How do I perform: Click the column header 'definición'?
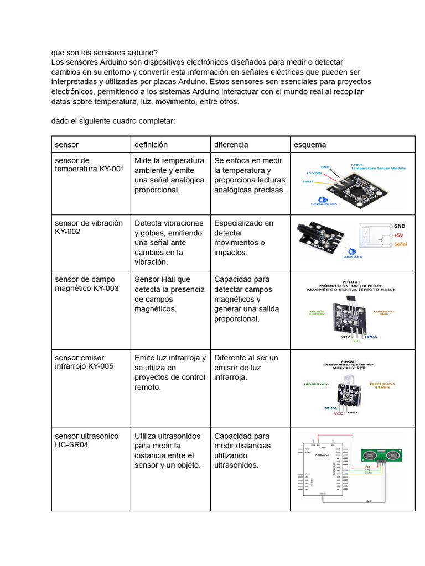coord(151,145)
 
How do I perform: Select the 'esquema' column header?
coord(310,145)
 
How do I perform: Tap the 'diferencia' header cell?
coord(231,145)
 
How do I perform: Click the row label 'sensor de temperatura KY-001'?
coord(89,165)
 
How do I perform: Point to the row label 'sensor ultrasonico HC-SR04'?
coord(86,440)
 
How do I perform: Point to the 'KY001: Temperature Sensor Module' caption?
coord(378,166)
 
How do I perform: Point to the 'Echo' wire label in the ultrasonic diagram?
coord(368,473)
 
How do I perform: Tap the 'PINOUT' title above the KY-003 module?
coord(353,280)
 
